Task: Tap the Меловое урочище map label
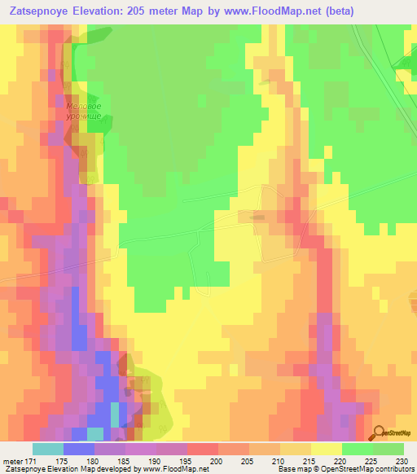click(84, 112)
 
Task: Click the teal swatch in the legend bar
click(47, 449)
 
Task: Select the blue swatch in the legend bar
click(78, 449)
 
